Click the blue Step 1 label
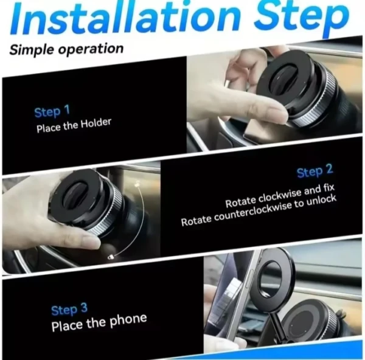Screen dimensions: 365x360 click(52, 111)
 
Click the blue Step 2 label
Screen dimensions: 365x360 click(315, 171)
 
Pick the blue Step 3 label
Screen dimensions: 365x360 click(69, 310)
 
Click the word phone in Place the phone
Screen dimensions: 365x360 click(128, 320)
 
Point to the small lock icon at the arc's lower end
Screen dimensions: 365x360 click(111, 257)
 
